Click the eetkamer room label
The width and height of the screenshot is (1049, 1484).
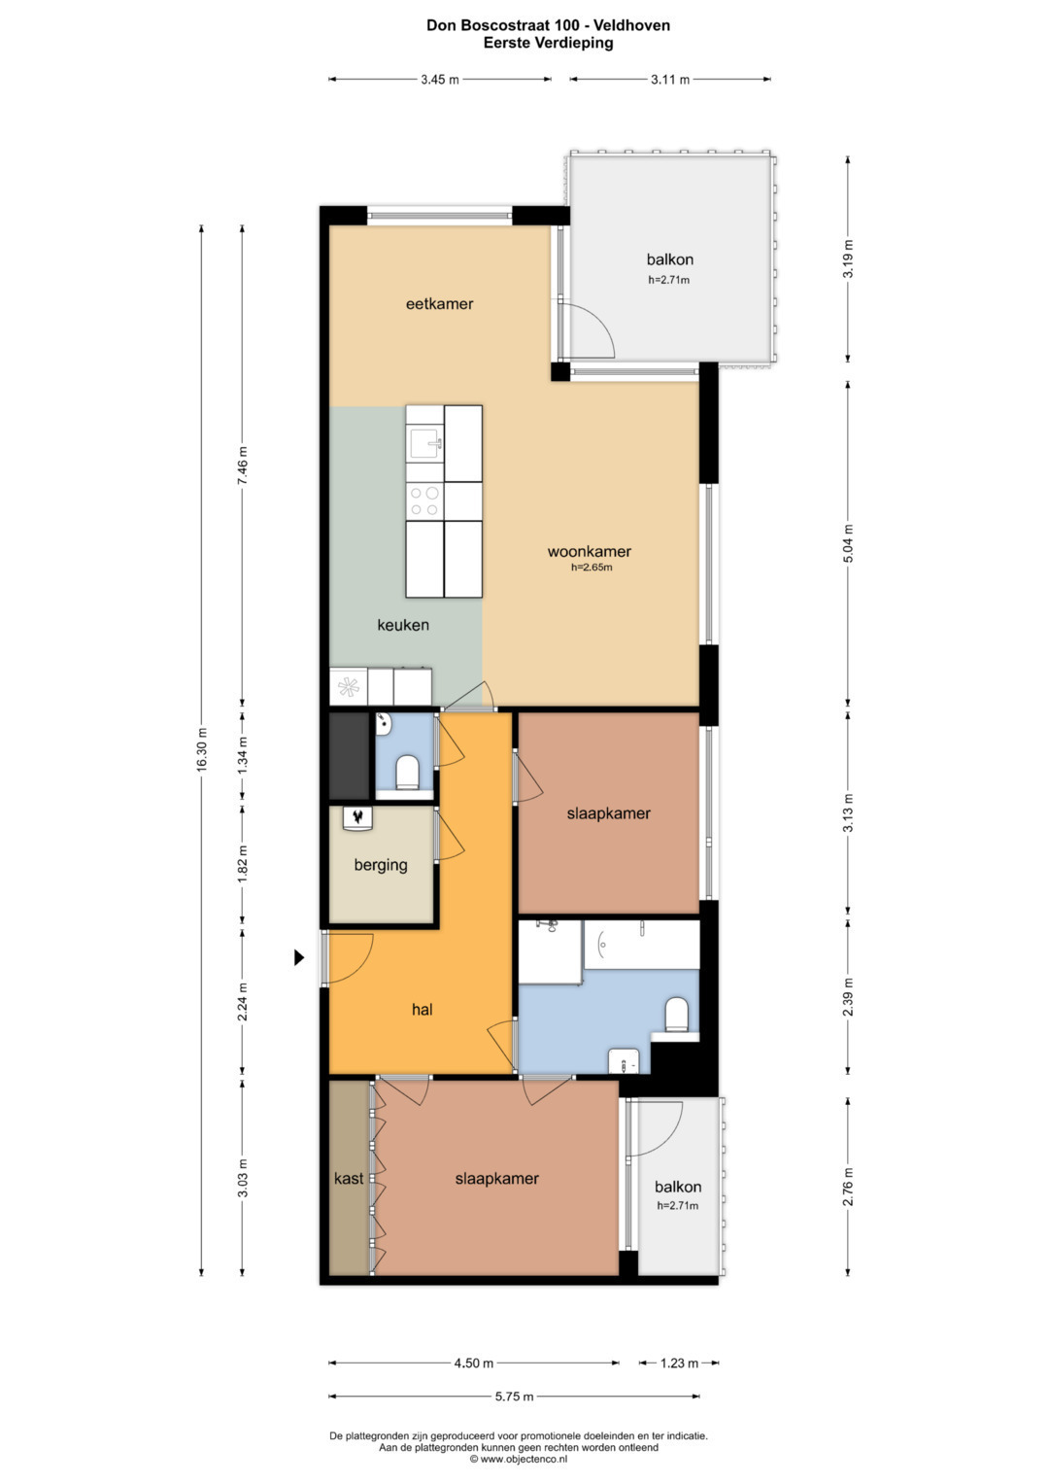point(439,304)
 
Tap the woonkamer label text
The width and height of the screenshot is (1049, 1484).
point(589,551)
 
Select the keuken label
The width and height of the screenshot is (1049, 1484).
point(403,625)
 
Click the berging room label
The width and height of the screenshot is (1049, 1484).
point(380,865)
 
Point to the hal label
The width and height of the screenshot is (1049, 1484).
point(422,1010)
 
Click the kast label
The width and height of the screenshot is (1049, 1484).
point(349,1179)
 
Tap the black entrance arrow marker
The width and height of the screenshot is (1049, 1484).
point(299,957)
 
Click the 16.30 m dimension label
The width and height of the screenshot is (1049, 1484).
point(202,748)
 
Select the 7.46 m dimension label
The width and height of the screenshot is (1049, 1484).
point(243,465)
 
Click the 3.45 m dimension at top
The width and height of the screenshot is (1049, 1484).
point(440,80)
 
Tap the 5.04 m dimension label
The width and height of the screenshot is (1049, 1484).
point(848,544)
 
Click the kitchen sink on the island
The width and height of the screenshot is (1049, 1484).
point(424,443)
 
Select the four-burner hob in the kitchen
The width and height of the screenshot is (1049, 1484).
point(424,501)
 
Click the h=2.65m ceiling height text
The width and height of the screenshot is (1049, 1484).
point(592,568)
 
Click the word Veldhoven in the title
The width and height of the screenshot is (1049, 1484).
point(631,26)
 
